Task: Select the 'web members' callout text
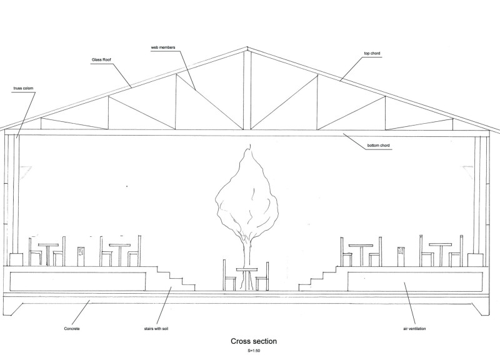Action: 162,47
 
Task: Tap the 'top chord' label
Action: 372,54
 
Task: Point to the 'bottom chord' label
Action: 381,147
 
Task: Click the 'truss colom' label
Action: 22,88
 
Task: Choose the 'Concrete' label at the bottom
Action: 72,327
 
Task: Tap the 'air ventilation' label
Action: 415,327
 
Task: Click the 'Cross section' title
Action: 254,341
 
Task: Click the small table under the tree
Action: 246,270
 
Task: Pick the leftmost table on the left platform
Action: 47,246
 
